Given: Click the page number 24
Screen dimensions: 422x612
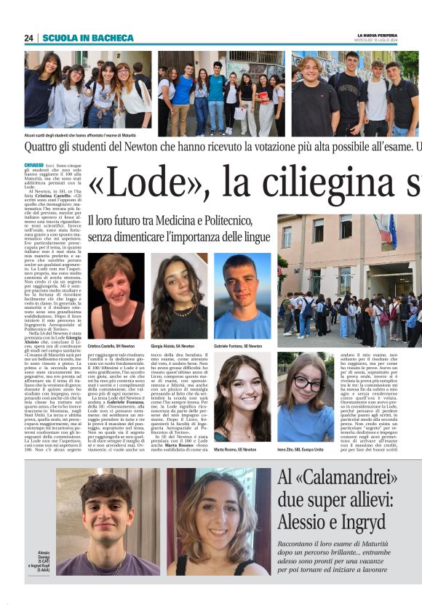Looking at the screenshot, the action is (28, 38).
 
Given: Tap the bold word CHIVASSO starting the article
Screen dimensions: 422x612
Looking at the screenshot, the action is (35, 166).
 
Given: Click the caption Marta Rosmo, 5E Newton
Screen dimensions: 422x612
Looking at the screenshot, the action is (236, 450).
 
